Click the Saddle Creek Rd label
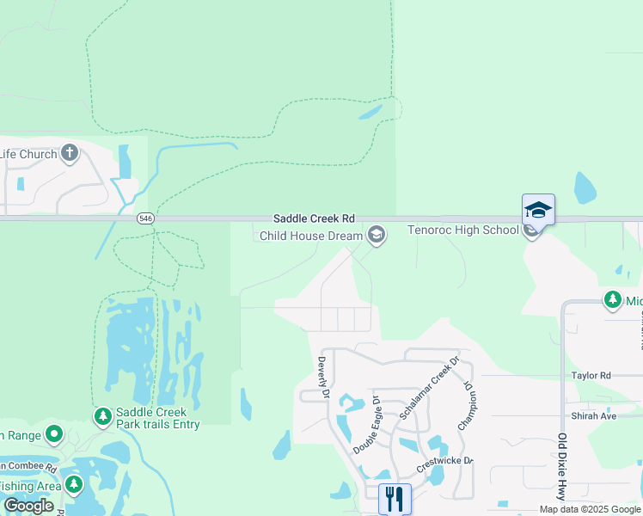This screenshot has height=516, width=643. pyautogui.click(x=314, y=220)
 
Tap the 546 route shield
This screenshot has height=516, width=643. pyautogui.click(x=144, y=219)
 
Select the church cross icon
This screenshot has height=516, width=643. pyautogui.click(x=70, y=155)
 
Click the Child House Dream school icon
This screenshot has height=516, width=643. pyautogui.click(x=376, y=234)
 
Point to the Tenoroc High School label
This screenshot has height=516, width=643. pyautogui.click(x=462, y=230)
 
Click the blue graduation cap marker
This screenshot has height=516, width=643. pyautogui.click(x=538, y=210)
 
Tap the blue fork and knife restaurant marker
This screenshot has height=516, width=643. pyautogui.click(x=395, y=498)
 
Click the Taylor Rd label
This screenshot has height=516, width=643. pyautogui.click(x=591, y=376)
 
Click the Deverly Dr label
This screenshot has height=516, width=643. pyautogui.click(x=324, y=378)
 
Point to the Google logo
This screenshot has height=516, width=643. pyautogui.click(x=28, y=506)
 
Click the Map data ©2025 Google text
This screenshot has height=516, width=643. pyautogui.click(x=590, y=509)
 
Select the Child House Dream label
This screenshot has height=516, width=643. pyautogui.click(x=310, y=235)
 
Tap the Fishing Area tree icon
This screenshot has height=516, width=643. pyautogui.click(x=73, y=485)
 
